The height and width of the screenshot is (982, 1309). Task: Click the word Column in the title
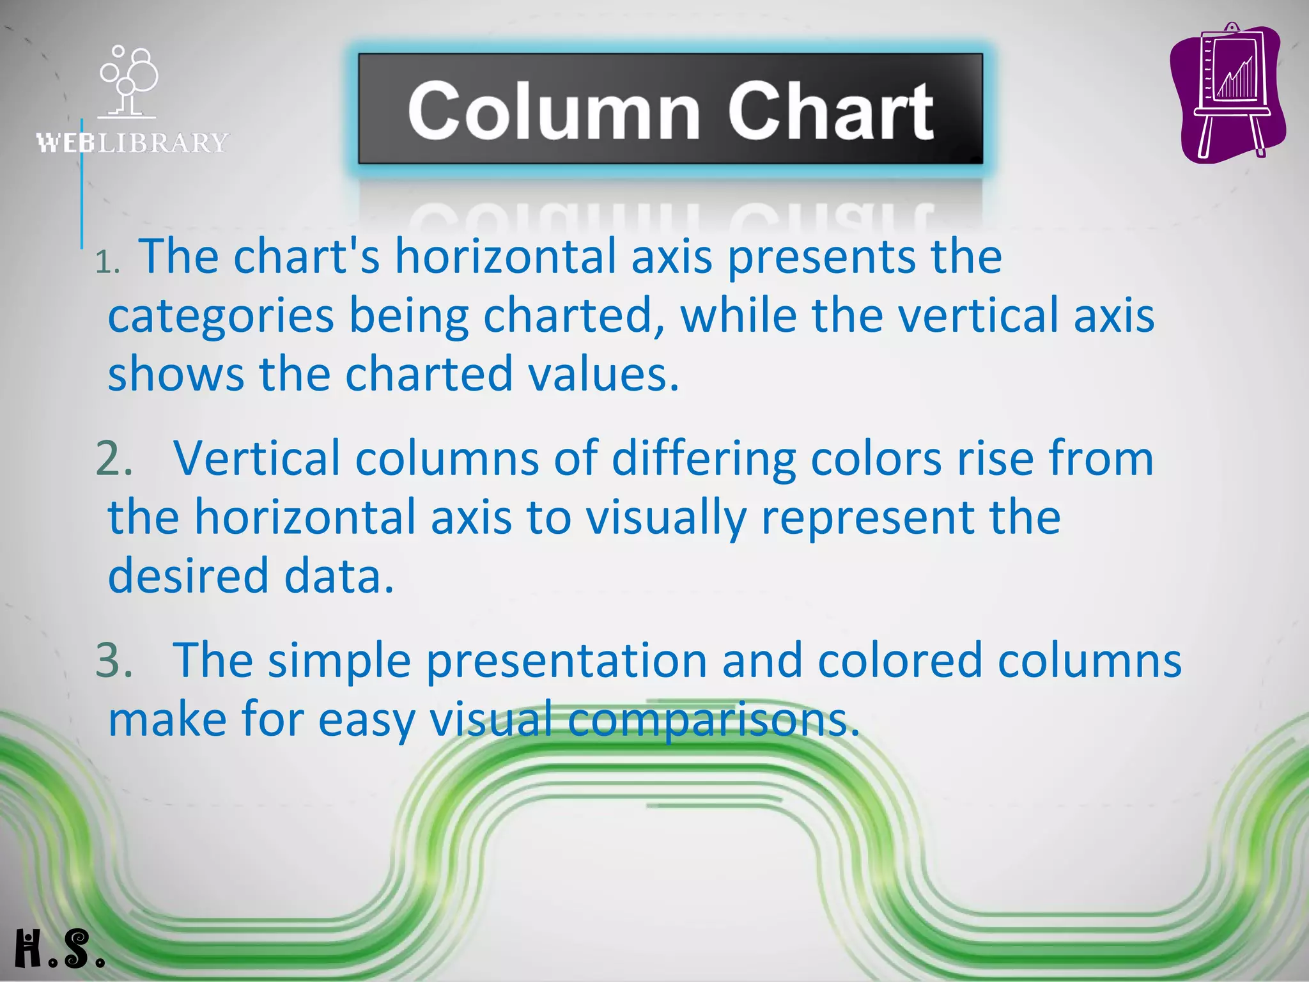(554, 111)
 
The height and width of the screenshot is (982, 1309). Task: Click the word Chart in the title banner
(830, 111)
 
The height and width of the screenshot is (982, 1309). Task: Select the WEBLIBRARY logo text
(132, 143)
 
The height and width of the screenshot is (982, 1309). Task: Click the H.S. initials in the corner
(59, 949)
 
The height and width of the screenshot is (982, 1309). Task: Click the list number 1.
(107, 261)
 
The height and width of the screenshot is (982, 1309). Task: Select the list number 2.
(114, 458)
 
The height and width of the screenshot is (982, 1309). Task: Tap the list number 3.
(114, 660)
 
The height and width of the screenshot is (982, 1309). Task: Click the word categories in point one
(221, 315)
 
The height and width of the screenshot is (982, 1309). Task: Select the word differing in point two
(704, 458)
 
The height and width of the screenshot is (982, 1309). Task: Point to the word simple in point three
(339, 660)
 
